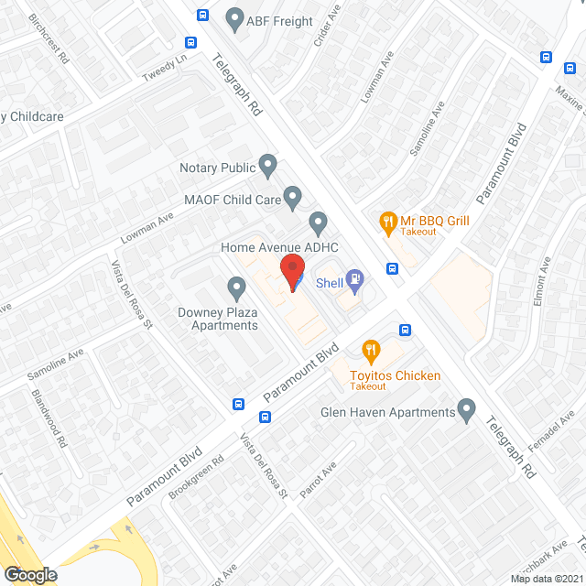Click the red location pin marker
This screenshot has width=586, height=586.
tap(292, 273)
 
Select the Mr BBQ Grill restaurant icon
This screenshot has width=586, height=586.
tap(388, 221)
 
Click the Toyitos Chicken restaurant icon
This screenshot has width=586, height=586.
tap(371, 349)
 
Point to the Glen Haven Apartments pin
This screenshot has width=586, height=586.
tap(467, 411)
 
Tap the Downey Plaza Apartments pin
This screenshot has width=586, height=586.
tap(237, 290)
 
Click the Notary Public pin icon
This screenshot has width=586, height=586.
tap(267, 167)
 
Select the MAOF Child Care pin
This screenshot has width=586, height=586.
tap(292, 197)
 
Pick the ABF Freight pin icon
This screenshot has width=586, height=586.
tap(235, 20)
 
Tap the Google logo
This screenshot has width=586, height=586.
tap(29, 575)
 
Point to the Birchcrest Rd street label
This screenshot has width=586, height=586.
tap(48, 38)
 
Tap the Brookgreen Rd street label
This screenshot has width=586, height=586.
tap(196, 479)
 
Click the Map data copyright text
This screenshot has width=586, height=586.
tap(546, 578)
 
